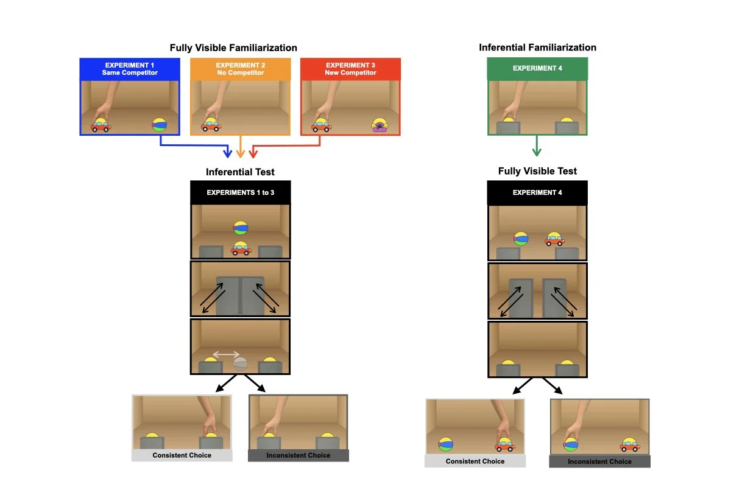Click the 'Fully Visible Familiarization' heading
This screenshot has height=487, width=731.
pos(233,47)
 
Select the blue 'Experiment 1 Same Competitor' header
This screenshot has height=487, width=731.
pos(130,69)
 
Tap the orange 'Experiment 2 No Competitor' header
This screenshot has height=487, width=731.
pos(240,69)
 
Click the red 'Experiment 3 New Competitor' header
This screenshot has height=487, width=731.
pos(351,69)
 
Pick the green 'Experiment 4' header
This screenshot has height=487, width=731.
pos(537,68)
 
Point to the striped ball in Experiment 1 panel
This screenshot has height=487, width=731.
pos(159,125)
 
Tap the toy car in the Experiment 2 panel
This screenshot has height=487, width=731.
pos(211,125)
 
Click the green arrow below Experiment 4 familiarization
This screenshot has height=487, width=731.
pos(537,146)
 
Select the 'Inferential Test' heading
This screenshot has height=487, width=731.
pos(240,172)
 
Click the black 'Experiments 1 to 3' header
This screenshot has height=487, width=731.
pos(240,192)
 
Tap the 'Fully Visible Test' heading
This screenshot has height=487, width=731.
pos(537,171)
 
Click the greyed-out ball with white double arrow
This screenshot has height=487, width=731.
pos(241,364)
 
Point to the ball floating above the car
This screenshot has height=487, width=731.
pos(241,228)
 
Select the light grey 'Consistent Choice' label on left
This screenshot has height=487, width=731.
pos(182,455)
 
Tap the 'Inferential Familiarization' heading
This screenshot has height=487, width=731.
pos(537,47)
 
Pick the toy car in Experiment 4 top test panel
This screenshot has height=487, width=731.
pos(554,239)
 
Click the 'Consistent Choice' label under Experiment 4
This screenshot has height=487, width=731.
pos(475,461)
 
